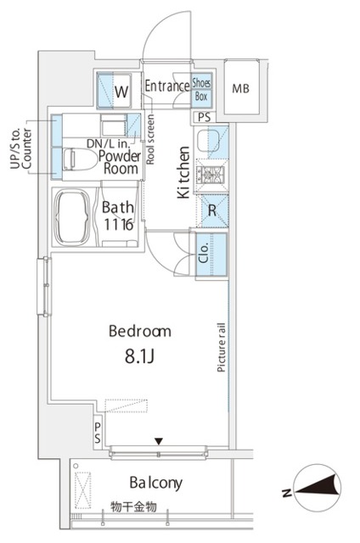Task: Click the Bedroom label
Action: (x=139, y=331)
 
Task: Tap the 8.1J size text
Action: (x=139, y=356)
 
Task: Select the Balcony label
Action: (x=155, y=483)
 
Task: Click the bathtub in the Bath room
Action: (x=72, y=217)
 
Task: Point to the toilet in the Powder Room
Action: (x=80, y=160)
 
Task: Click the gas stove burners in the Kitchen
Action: (x=211, y=175)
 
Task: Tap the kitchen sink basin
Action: (x=207, y=140)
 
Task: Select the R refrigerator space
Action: (x=213, y=210)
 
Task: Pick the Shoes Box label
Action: (x=201, y=89)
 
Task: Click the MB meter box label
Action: (x=241, y=88)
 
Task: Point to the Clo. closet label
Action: (x=204, y=253)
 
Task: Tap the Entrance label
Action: (x=167, y=86)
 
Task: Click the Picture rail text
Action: (x=222, y=347)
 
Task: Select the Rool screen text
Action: (x=150, y=139)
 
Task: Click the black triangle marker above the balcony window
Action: (x=159, y=441)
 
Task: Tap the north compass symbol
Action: (x=317, y=488)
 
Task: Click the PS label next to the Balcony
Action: (x=98, y=433)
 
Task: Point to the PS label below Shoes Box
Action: (x=204, y=117)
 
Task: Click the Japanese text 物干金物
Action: (x=133, y=507)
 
